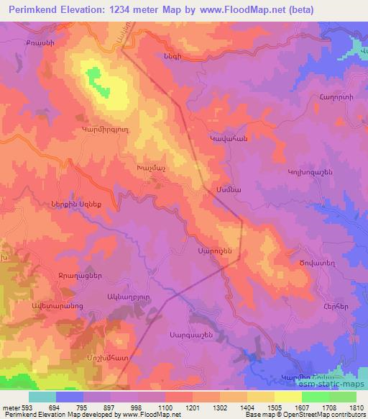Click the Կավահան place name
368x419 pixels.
[x=228, y=138]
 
